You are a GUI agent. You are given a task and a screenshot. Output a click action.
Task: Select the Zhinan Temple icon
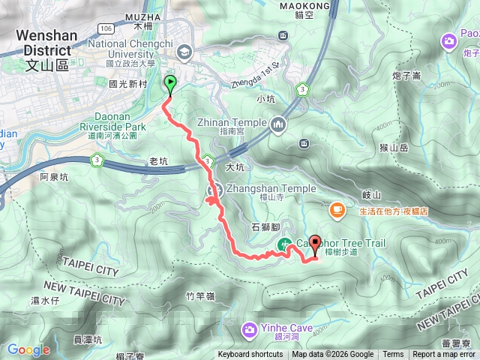click(279, 123)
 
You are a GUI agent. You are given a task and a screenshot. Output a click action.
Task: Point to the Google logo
click(28, 349)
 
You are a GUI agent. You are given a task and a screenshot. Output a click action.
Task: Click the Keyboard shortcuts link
click(250, 355)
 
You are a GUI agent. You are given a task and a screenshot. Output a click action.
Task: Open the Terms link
click(393, 355)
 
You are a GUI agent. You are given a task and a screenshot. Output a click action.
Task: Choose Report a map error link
click(444, 355)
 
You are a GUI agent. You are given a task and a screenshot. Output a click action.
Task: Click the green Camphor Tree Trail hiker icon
click(285, 244)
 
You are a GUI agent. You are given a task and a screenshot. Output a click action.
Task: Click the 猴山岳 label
click(393, 148)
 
